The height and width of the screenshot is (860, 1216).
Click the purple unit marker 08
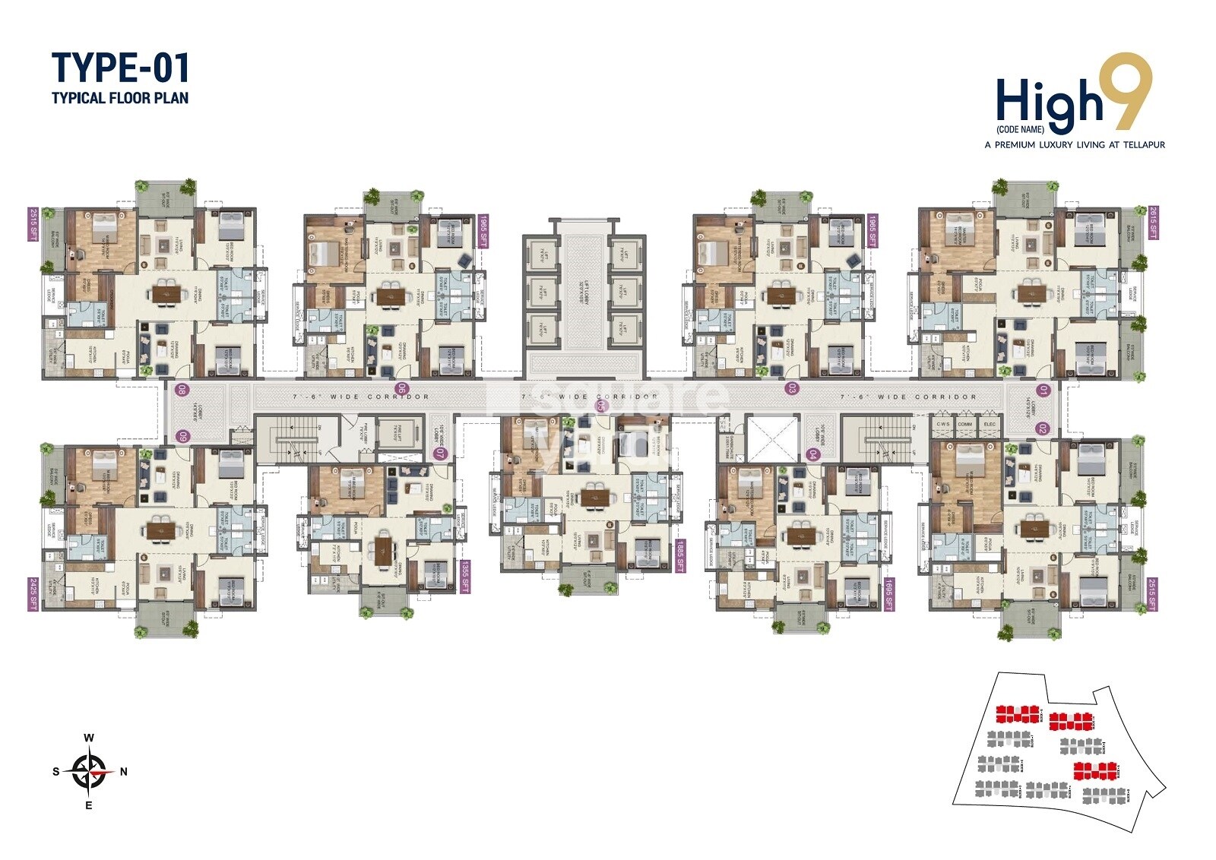click(x=182, y=390)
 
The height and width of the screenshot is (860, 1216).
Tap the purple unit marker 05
click(x=602, y=406)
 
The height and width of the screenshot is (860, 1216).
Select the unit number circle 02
click(x=1042, y=428)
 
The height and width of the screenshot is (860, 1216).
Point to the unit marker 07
click(x=439, y=454)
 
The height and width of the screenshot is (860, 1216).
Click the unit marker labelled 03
click(x=792, y=388)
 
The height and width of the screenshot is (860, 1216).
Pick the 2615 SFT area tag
click(x=1153, y=223)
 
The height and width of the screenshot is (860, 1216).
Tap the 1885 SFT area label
click(x=680, y=555)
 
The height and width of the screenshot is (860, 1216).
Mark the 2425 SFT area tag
click(x=33, y=594)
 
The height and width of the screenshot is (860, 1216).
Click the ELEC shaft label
click(x=990, y=424)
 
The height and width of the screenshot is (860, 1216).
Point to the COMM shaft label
click(x=965, y=424)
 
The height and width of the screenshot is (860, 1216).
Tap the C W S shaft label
click(x=943, y=424)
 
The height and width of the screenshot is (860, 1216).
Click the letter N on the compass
click(x=124, y=771)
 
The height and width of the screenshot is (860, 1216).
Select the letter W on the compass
click(x=89, y=737)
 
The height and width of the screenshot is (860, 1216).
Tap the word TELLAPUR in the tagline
click(x=1139, y=144)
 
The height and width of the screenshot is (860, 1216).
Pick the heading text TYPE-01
click(x=120, y=68)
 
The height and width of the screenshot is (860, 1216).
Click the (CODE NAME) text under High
click(x=1020, y=129)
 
